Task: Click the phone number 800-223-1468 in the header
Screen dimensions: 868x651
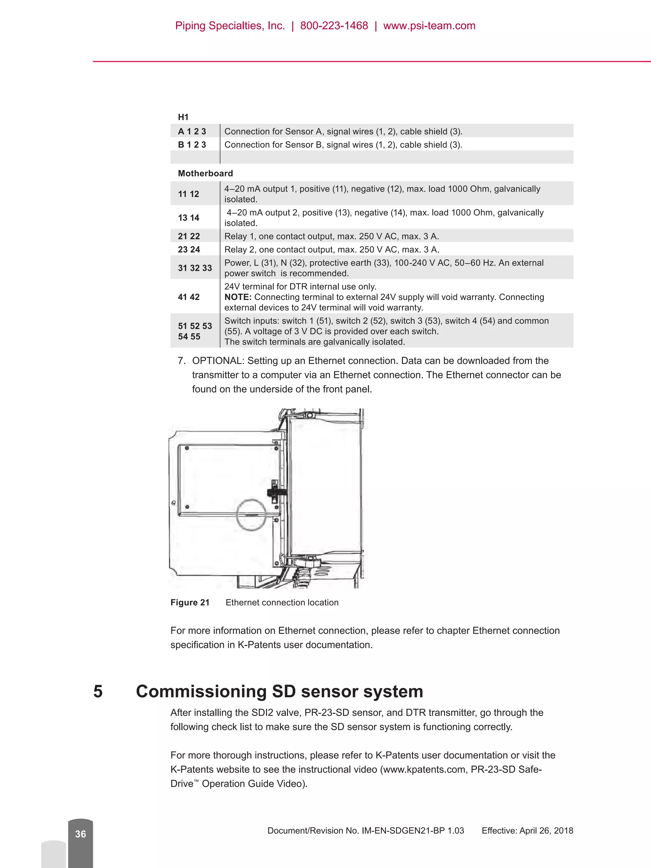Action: [334, 26]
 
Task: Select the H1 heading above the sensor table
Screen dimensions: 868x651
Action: [183, 117]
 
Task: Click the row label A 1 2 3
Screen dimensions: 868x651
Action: [192, 132]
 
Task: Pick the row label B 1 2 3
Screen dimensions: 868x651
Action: [192, 145]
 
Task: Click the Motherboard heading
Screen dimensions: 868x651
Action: [205, 174]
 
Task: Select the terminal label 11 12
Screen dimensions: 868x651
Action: [188, 194]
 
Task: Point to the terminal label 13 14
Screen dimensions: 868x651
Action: [188, 218]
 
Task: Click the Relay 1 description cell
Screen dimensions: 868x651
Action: [332, 236]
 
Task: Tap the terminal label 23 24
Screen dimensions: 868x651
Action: [189, 249]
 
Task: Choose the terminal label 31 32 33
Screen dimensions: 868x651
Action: [195, 268]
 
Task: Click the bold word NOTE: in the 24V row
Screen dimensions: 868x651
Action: [238, 297]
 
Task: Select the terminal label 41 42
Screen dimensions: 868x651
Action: [189, 297]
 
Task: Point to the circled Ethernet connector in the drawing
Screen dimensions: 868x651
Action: [251, 515]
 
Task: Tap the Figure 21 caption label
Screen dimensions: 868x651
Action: [190, 602]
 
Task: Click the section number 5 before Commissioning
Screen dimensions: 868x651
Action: [98, 691]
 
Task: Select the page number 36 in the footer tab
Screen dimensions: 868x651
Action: [80, 834]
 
